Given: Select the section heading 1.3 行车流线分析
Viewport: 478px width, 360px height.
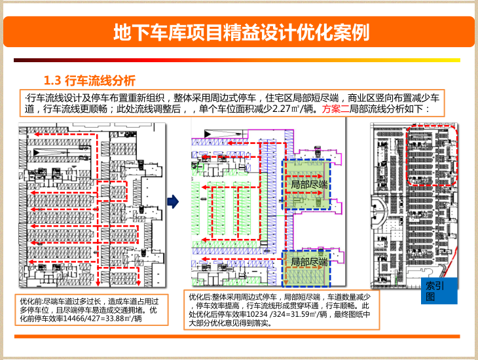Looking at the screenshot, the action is pyautogui.click(x=89, y=81).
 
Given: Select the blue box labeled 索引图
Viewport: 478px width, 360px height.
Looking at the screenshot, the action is pyautogui.click(x=435, y=291).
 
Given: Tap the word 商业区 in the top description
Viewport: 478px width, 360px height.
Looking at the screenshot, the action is pyautogui.click(x=361, y=98).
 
